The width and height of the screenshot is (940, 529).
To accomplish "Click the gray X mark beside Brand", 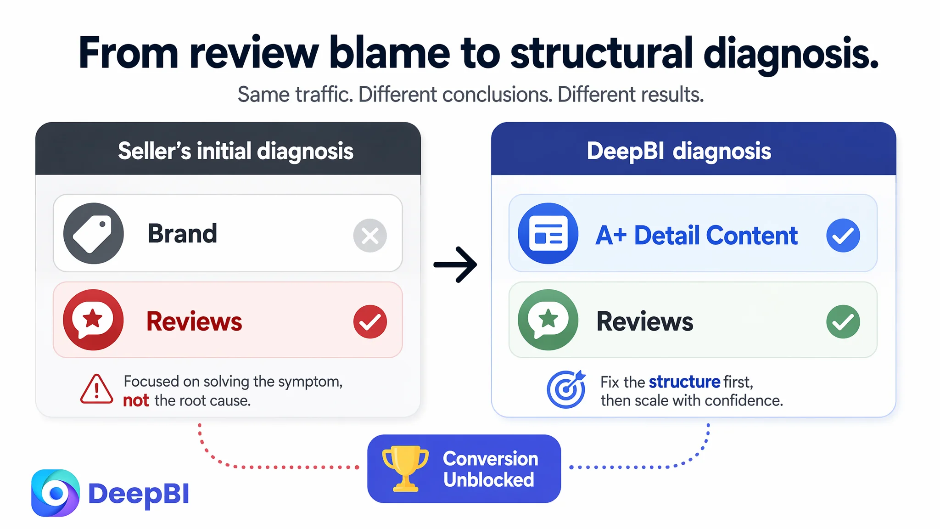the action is click(370, 236).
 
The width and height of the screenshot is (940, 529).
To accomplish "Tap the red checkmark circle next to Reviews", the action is click(370, 321).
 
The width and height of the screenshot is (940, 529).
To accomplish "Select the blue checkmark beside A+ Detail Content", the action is click(843, 236).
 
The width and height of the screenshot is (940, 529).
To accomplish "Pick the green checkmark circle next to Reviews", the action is click(843, 321).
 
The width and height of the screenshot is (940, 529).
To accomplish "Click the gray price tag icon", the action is click(94, 233).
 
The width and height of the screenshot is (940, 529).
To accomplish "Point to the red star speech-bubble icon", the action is click(94, 320).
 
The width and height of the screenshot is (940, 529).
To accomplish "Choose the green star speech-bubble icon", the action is click(548, 320).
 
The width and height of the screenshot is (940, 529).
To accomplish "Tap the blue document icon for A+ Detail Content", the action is click(548, 233).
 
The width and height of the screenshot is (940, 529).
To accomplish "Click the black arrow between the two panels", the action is click(455, 264).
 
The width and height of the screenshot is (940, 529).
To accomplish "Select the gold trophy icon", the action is click(405, 468).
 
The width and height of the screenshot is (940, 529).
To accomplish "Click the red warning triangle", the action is click(96, 389).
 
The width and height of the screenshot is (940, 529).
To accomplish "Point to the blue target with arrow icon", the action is click(566, 389).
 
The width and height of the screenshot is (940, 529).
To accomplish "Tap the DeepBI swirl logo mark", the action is click(56, 493).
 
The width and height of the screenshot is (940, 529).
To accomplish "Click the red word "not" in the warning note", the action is click(136, 400).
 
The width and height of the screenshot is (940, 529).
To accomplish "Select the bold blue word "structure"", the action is click(684, 382).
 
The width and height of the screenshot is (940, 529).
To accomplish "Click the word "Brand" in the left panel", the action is click(182, 233).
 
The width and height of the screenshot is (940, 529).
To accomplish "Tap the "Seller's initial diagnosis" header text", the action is click(235, 151).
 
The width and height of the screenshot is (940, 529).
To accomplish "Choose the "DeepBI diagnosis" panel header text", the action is click(679, 151).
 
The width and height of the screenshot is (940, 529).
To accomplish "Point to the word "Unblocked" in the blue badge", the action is click(489, 480).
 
